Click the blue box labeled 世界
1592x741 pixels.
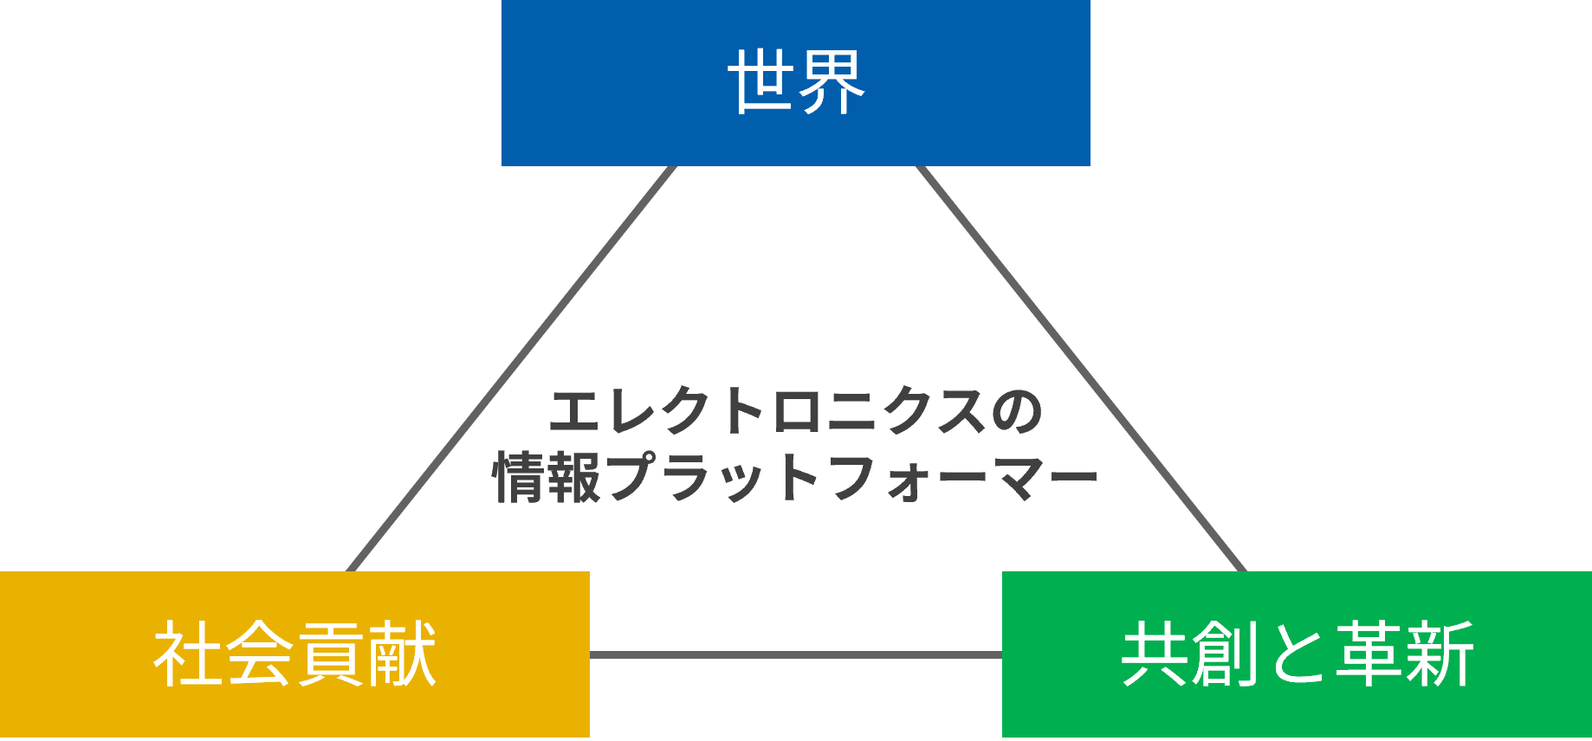click(x=795, y=83)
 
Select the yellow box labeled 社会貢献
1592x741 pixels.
click(x=294, y=654)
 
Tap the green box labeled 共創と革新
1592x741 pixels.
click(x=1297, y=654)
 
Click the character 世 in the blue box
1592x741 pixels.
click(x=761, y=81)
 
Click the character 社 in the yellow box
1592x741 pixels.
click(x=187, y=654)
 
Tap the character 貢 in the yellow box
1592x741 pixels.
click(x=330, y=654)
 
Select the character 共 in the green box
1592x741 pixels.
click(x=1155, y=654)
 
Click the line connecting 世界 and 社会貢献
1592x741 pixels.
click(x=511, y=369)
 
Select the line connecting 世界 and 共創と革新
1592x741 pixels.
click(x=1081, y=369)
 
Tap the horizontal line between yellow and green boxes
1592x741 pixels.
click(x=796, y=654)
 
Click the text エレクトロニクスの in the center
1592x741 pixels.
click(x=796, y=411)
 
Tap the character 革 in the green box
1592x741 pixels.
click(x=1369, y=654)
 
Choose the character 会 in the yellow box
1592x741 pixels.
click(x=259, y=654)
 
